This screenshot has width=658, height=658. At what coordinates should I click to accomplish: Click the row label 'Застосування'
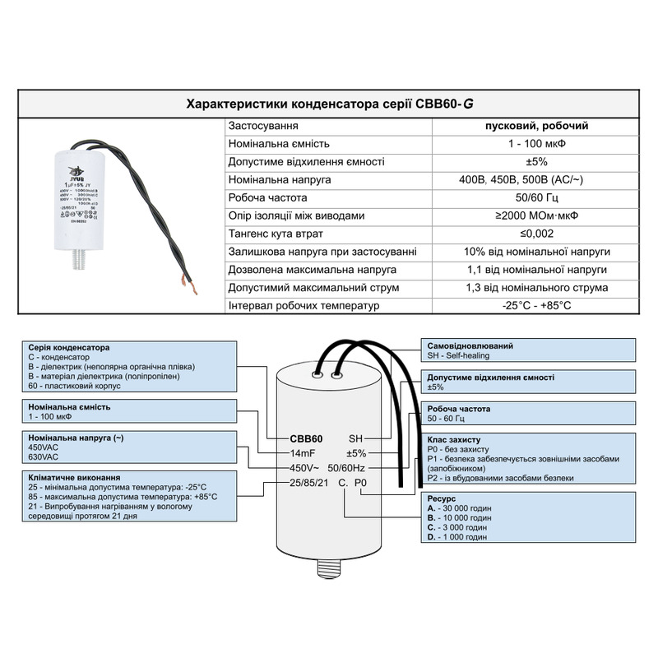coord(263,127)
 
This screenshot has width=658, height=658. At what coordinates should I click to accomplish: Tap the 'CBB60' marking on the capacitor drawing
coord(306,438)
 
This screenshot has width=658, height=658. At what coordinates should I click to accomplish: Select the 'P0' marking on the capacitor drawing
coord(360,484)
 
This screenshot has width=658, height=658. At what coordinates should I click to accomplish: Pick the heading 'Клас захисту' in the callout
coord(455,440)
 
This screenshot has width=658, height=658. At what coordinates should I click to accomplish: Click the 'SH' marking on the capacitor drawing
coord(355,438)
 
